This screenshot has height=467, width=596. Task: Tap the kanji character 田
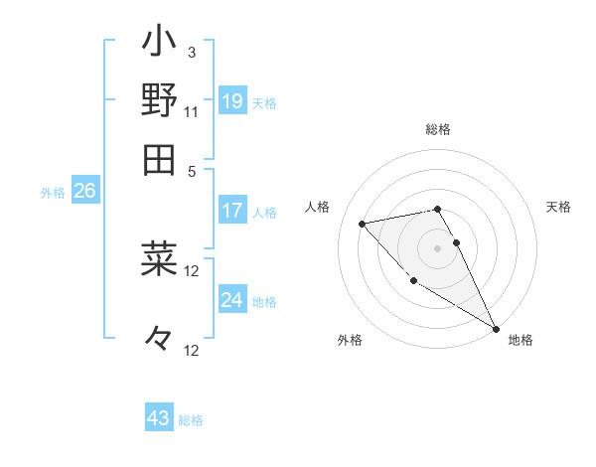pyautogui.click(x=159, y=159)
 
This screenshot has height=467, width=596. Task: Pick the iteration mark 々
pyautogui.click(x=159, y=339)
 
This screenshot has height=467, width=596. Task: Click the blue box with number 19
pyautogui.click(x=232, y=100)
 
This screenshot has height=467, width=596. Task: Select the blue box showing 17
pyautogui.click(x=232, y=211)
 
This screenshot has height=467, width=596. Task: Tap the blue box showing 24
pyautogui.click(x=232, y=299)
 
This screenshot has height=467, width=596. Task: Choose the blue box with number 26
pyautogui.click(x=84, y=191)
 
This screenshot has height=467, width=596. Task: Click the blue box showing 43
pyautogui.click(x=159, y=418)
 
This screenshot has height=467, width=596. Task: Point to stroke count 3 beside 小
pyautogui.click(x=192, y=53)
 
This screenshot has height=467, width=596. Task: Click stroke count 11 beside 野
pyautogui.click(x=192, y=111)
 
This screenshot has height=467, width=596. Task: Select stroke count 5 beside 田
pyautogui.click(x=192, y=170)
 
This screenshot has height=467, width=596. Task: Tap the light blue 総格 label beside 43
pyautogui.click(x=191, y=420)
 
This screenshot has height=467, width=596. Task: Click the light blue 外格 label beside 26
pyautogui.click(x=53, y=193)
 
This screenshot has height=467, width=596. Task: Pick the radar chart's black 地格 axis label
pyautogui.click(x=521, y=340)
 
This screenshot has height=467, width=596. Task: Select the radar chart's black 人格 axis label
pyautogui.click(x=318, y=207)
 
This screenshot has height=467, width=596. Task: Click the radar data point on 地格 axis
pyautogui.click(x=497, y=329)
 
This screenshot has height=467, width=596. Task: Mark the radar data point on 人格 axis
pyautogui.click(x=363, y=224)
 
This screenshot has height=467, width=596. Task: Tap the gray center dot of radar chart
pyautogui.click(x=438, y=247)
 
